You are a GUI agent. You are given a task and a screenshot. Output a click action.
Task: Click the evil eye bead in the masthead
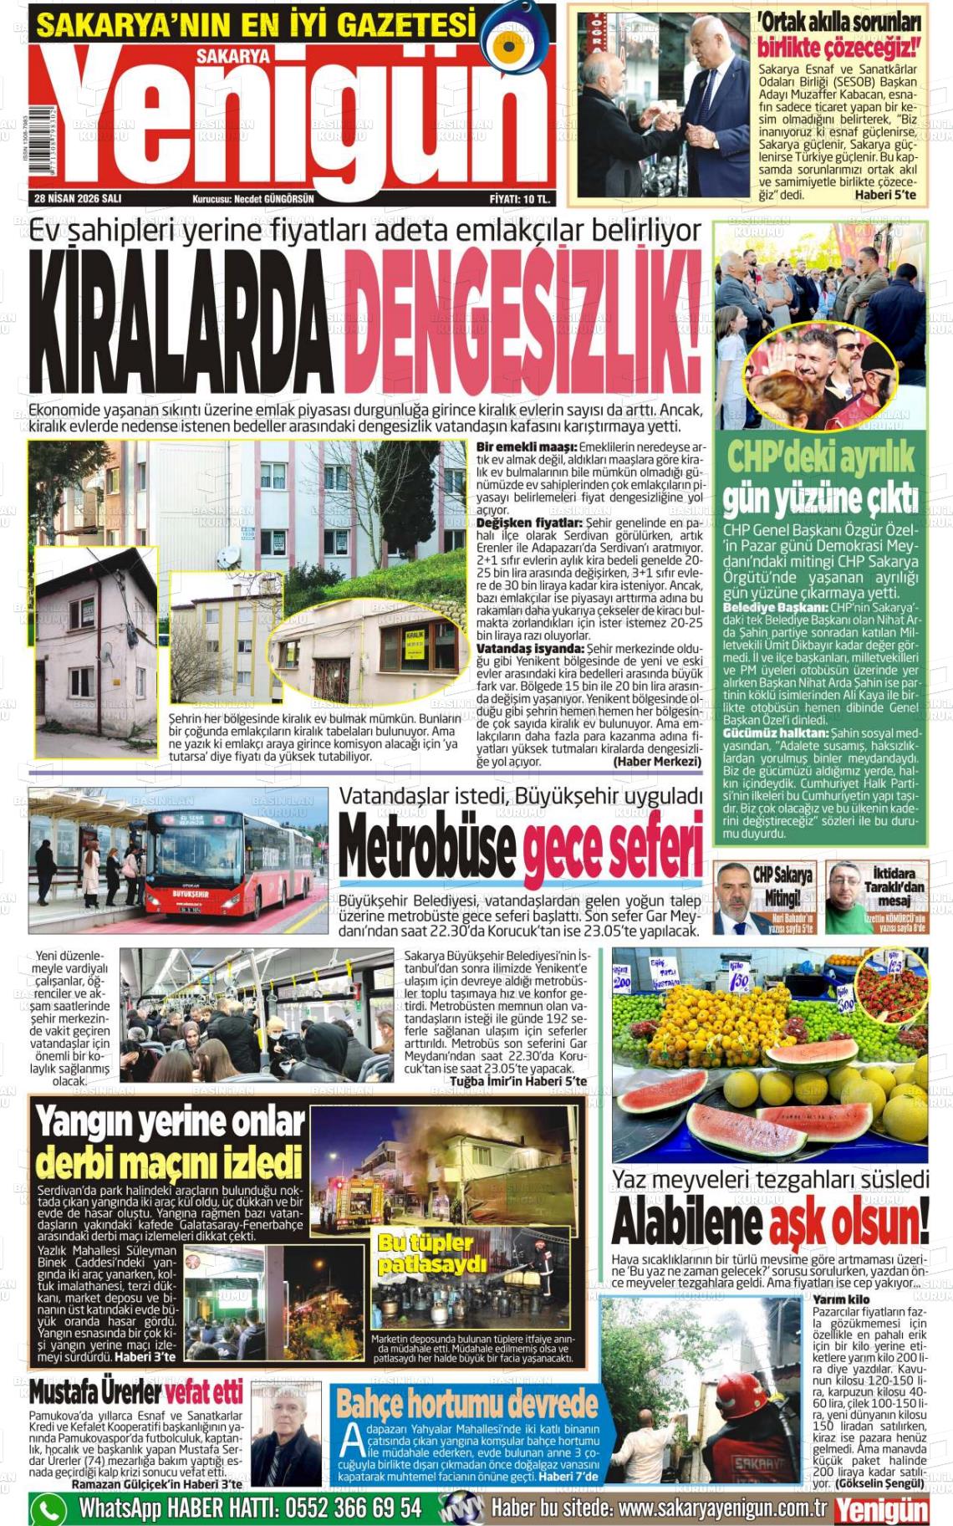click(510, 42)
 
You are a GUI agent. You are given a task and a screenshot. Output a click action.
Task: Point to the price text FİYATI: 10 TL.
click(520, 199)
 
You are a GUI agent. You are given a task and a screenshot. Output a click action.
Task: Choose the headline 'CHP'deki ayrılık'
click(820, 457)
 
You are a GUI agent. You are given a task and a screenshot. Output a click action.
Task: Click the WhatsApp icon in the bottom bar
click(49, 1508)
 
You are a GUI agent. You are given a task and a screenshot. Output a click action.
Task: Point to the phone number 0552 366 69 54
click(354, 1508)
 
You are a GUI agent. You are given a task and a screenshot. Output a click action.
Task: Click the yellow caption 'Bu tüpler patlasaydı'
click(431, 1253)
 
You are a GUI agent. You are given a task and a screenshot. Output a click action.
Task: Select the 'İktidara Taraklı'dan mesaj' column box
click(877, 897)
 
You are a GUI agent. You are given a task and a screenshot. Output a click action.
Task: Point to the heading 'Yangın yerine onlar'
click(170, 1122)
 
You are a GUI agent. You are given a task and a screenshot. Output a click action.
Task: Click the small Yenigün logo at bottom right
click(882, 1508)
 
